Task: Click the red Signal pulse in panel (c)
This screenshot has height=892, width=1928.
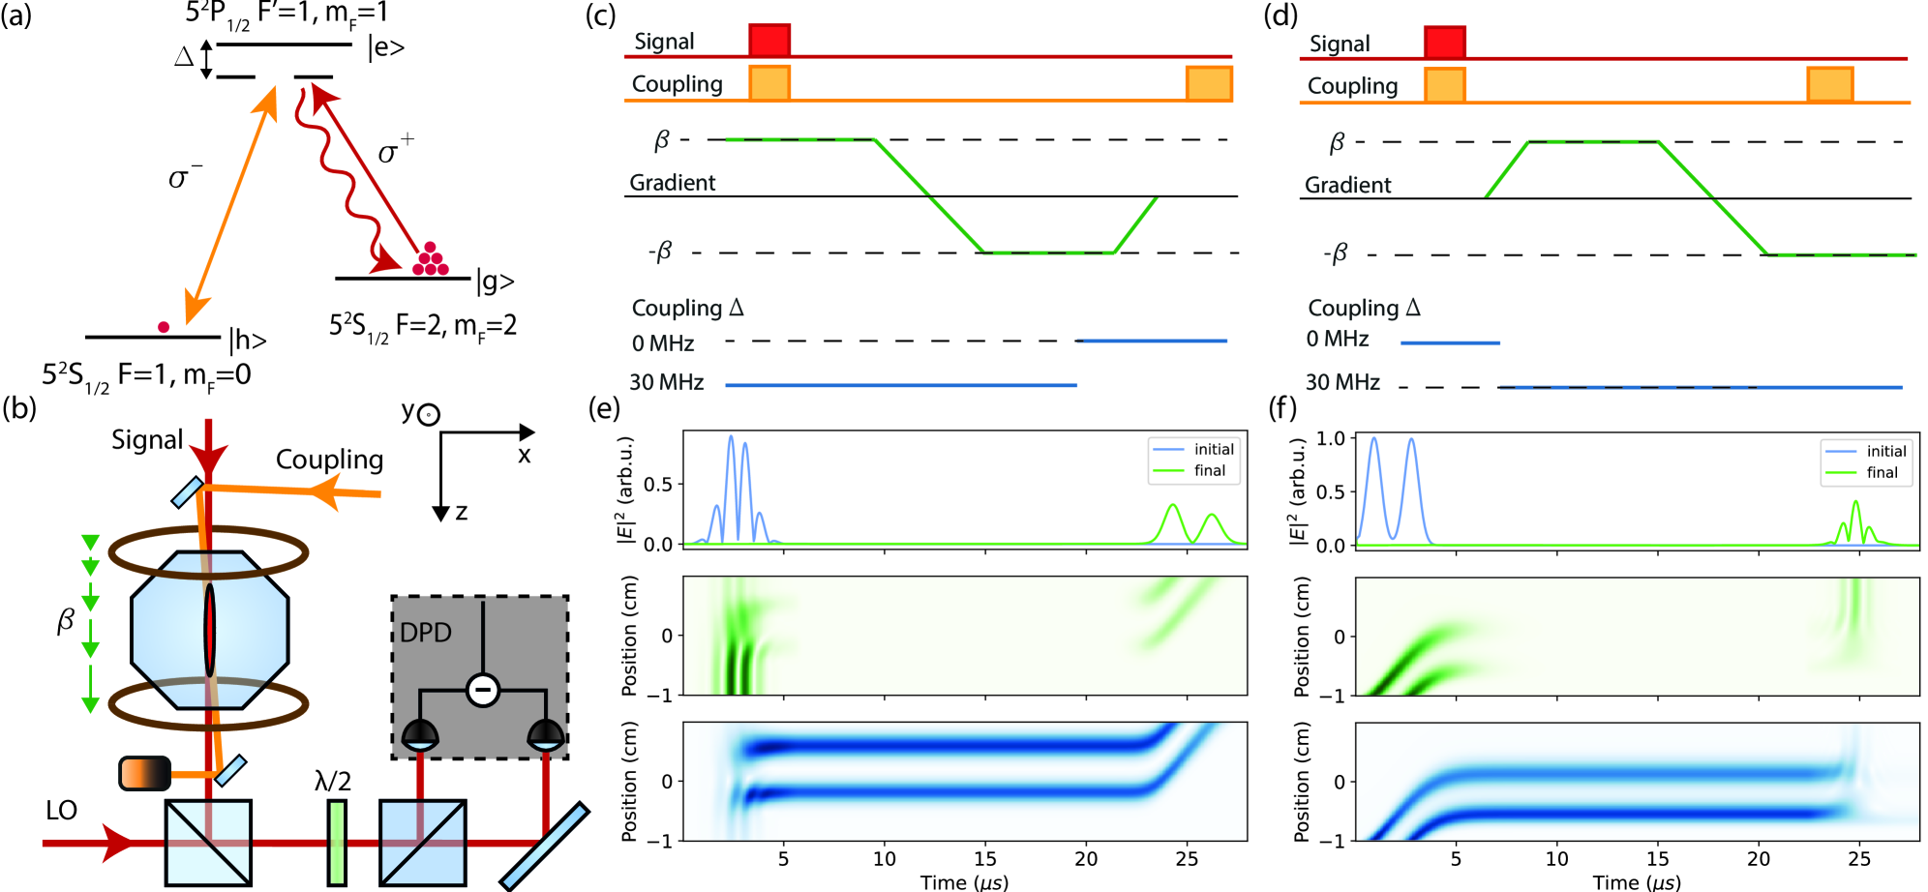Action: pyautogui.click(x=769, y=40)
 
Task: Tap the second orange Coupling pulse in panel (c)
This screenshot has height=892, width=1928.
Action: pyautogui.click(x=1209, y=83)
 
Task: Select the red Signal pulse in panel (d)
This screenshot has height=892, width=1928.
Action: pyautogui.click(x=1444, y=42)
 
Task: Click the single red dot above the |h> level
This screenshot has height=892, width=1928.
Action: pyautogui.click(x=164, y=327)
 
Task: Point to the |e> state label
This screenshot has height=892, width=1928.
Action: pyautogui.click(x=385, y=47)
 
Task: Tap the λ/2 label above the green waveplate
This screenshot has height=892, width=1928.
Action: pyautogui.click(x=333, y=781)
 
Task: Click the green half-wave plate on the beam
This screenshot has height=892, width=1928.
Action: pyautogui.click(x=336, y=842)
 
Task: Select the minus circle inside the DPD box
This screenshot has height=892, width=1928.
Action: pyautogui.click(x=482, y=690)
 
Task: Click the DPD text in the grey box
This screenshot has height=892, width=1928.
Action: pyautogui.click(x=426, y=633)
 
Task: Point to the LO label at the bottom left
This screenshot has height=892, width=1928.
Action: pyautogui.click(x=61, y=810)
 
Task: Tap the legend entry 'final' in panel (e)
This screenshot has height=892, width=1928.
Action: pyautogui.click(x=1209, y=471)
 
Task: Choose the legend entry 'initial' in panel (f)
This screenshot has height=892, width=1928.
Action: pyautogui.click(x=1885, y=451)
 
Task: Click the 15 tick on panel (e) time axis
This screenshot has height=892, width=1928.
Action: pyautogui.click(x=984, y=858)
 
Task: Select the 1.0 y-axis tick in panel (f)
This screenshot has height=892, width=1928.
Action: pyautogui.click(x=1331, y=438)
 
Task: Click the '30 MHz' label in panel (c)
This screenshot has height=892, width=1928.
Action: pyautogui.click(x=666, y=382)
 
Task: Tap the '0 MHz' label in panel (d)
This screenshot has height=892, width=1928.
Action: pyautogui.click(x=1337, y=339)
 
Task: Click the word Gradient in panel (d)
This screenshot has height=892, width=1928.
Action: pyautogui.click(x=1347, y=185)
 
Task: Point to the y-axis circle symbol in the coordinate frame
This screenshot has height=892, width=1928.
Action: pyautogui.click(x=429, y=415)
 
